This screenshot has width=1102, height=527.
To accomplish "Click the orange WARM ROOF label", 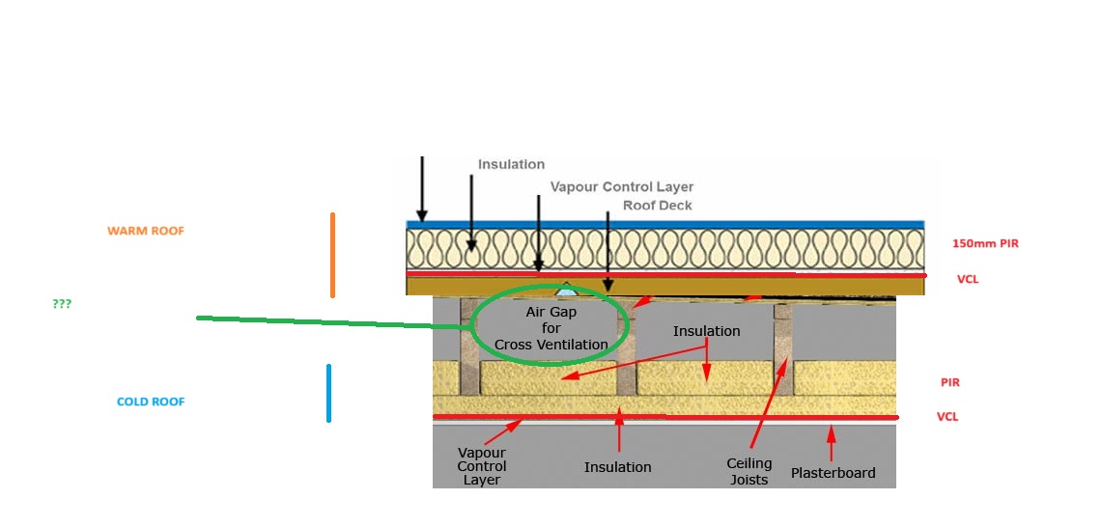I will (x=145, y=232).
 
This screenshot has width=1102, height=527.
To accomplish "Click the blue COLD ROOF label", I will (x=151, y=402).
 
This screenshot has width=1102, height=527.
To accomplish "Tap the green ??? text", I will (x=62, y=304).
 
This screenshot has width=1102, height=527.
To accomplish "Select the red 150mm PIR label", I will (x=984, y=244).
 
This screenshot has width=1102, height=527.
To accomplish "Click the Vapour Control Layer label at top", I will (x=621, y=186).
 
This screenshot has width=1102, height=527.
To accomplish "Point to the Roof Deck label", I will (x=657, y=206).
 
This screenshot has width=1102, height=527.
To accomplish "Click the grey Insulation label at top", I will (x=511, y=165).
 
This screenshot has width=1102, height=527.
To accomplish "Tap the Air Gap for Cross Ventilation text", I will (x=551, y=329).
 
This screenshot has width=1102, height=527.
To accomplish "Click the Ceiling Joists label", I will (x=749, y=472).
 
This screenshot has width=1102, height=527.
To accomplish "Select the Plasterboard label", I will (x=833, y=473).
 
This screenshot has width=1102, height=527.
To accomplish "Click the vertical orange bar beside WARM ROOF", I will (x=332, y=255).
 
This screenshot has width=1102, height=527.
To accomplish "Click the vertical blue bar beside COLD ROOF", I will (x=328, y=393).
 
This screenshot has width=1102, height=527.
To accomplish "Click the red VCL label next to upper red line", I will (x=969, y=279).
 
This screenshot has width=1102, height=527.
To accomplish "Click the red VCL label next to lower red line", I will (x=948, y=417).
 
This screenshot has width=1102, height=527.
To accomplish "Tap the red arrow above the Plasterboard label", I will (x=831, y=443).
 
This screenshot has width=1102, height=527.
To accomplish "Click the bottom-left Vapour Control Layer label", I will (x=482, y=466).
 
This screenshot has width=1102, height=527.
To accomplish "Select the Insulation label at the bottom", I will (x=617, y=467).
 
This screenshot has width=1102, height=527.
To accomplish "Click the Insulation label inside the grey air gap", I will (x=706, y=331).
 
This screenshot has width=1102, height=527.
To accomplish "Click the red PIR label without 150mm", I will (x=949, y=383).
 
